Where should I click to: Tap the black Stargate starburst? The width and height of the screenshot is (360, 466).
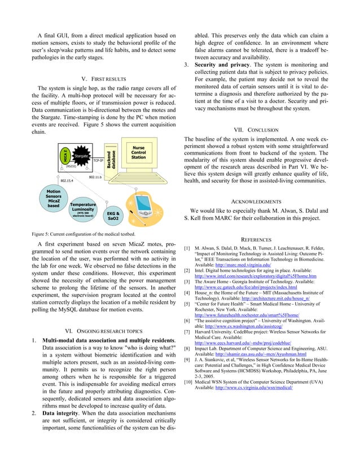pos(82,156)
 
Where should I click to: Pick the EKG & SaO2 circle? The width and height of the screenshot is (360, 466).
pos(113,218)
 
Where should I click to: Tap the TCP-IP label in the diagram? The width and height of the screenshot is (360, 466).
pos(98,161)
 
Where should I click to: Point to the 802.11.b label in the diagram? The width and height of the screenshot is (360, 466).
pos(95,177)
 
